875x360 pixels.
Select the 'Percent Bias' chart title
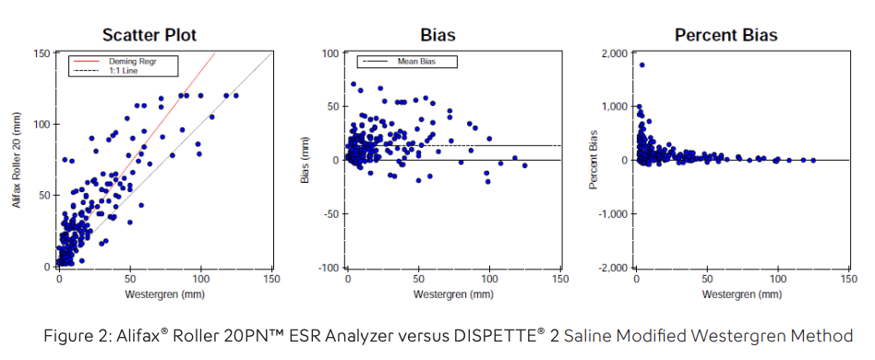point(725,36)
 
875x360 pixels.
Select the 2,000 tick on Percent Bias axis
point(615,53)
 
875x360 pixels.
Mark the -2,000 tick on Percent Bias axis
point(613,268)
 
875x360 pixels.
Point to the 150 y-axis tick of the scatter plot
point(42,53)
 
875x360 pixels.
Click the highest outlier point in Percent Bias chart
point(641,65)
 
